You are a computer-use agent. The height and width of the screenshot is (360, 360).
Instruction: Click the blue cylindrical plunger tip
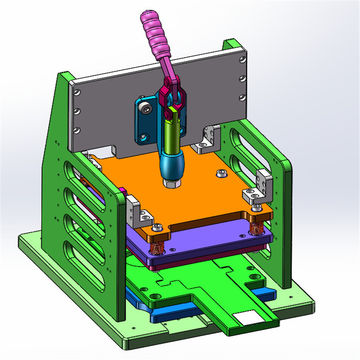point(171,165)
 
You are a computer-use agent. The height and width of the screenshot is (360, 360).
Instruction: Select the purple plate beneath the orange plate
point(200,251)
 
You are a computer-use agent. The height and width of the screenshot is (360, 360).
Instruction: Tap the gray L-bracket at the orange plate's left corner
point(137,212)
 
